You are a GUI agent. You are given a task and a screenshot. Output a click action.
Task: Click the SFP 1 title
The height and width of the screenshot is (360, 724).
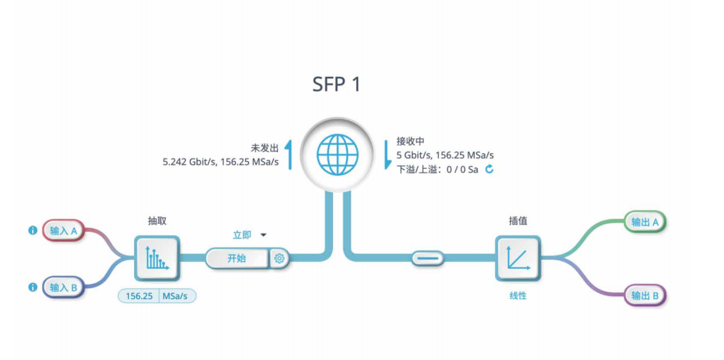[336, 85]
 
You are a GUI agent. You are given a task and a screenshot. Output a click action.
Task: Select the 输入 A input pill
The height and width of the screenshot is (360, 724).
[64, 231]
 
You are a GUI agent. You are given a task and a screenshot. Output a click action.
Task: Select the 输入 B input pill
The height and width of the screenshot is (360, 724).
[64, 287]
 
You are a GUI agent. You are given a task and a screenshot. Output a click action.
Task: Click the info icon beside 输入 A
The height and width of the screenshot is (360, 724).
[33, 230]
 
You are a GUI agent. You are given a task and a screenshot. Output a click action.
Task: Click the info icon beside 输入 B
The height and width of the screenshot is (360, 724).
[33, 287]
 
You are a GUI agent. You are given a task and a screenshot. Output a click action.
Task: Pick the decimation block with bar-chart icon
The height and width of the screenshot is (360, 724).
[157, 258]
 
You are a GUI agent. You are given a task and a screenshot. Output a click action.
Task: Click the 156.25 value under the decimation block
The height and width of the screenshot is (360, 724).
[139, 296]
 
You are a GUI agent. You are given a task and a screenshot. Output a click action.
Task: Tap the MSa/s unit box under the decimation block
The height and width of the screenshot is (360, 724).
[178, 296]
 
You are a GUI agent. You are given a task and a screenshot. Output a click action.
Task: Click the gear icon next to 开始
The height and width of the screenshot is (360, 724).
[279, 259]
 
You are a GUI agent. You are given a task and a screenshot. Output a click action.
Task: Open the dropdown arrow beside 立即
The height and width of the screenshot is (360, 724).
[263, 235]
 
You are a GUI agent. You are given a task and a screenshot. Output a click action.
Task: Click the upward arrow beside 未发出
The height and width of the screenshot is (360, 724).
[289, 154]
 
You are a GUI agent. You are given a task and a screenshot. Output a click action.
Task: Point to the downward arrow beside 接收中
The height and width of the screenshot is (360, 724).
[387, 154]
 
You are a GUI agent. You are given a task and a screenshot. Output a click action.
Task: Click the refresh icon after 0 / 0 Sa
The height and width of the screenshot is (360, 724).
[490, 169]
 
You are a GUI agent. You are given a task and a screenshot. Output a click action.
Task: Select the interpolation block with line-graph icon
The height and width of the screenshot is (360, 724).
[518, 258]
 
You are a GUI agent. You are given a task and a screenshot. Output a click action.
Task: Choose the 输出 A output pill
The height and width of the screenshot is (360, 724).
[644, 222]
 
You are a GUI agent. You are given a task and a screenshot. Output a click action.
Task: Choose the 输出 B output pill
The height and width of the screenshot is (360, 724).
[644, 295]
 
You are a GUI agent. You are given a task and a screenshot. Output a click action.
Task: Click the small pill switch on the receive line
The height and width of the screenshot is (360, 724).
[427, 258]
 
